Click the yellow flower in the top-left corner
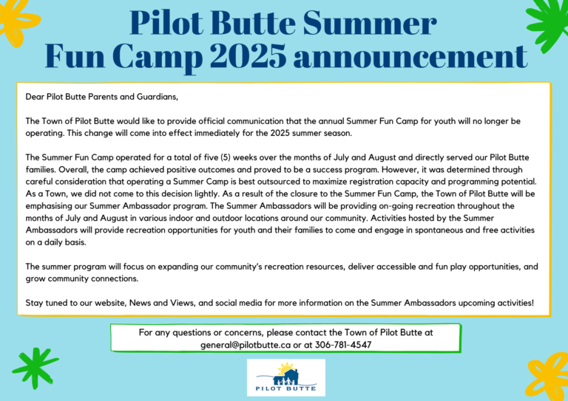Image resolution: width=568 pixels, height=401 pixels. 18,20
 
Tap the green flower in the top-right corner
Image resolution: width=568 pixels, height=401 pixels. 549,21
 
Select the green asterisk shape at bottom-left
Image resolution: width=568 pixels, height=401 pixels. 35,368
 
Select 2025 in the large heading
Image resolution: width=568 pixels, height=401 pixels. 248,56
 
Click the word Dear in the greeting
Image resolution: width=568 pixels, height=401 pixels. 35,97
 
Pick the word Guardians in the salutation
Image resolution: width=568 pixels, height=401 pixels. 158,97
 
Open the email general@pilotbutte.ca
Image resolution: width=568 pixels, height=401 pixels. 246,345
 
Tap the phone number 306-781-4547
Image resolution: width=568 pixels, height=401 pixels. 343,345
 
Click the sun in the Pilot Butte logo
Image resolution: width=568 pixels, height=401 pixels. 286,368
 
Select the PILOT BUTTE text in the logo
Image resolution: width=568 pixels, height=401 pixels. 285,388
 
